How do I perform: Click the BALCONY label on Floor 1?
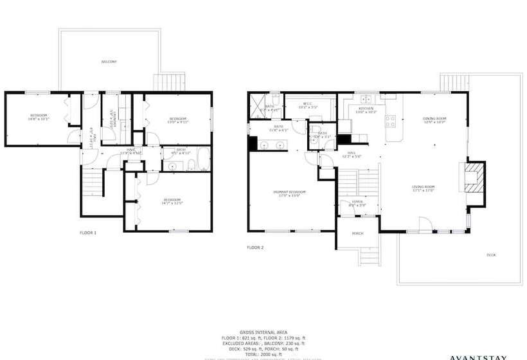pos(109,62)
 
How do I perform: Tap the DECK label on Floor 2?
pos(491,255)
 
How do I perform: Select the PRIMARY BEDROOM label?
pos(289,194)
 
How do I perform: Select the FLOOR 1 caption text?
pos(87,232)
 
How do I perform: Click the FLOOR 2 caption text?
pos(255,247)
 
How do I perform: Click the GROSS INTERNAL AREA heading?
pos(263,332)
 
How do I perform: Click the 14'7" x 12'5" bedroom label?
pos(172,202)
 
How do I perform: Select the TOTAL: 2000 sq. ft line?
pos(263,354)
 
